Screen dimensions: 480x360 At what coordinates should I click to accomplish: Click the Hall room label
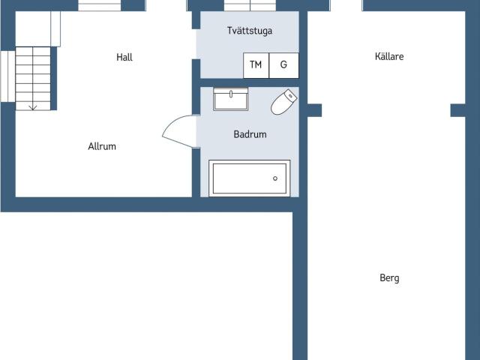click(x=124, y=57)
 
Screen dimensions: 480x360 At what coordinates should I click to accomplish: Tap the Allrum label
click(x=102, y=146)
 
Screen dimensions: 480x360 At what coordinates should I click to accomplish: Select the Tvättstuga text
click(x=250, y=31)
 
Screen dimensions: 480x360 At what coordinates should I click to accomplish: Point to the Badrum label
click(x=250, y=134)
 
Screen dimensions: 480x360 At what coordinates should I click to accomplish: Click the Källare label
click(x=389, y=56)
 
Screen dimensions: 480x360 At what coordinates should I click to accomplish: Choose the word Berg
click(x=389, y=278)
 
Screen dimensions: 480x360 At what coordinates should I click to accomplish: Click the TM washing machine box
click(x=256, y=65)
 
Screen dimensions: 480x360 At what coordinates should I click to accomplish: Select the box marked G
click(x=283, y=65)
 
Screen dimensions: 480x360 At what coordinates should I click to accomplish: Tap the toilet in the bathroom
click(x=283, y=102)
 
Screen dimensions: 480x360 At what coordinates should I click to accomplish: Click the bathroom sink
click(x=231, y=99)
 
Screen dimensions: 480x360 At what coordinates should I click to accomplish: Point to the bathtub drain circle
click(x=275, y=178)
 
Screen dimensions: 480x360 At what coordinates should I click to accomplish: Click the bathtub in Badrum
click(x=250, y=178)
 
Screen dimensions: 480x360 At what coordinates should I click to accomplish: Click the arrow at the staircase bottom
click(x=33, y=107)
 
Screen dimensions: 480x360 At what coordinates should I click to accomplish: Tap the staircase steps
click(x=33, y=78)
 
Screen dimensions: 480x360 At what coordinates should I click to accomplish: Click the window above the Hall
click(x=100, y=5)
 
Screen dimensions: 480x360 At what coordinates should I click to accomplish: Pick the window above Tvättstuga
click(x=250, y=5)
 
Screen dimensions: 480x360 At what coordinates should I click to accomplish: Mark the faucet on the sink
click(x=231, y=94)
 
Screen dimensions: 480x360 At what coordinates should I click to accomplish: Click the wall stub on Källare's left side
click(x=314, y=110)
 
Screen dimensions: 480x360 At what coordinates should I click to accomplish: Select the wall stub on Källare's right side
click(x=458, y=110)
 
